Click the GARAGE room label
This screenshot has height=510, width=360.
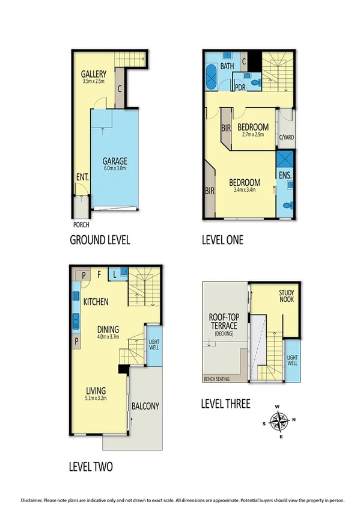(x=114, y=161)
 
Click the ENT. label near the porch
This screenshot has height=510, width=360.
(x=82, y=178)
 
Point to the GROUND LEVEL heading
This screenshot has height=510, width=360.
(x=100, y=240)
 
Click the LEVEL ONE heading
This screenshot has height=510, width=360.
(x=222, y=240)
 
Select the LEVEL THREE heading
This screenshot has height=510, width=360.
(x=225, y=404)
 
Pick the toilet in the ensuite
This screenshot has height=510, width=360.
(x=288, y=205)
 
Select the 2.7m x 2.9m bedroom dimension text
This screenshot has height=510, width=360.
(x=252, y=135)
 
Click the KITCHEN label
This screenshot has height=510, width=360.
(x=96, y=301)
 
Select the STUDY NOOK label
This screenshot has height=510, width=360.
(x=286, y=295)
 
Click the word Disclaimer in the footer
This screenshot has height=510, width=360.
(x=35, y=499)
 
